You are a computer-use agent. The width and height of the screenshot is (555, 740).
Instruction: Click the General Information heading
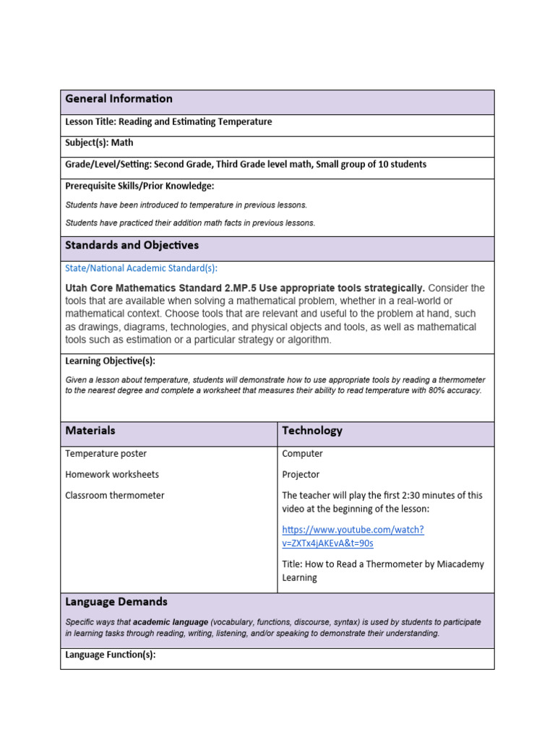pos(119,99)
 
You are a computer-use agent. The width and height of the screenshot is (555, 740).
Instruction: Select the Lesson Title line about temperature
pos(168,122)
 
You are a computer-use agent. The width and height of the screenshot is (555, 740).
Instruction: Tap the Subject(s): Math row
pos(99,143)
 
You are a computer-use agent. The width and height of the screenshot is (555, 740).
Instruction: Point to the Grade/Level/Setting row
pos(246,165)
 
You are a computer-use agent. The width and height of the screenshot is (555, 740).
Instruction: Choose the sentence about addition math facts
pos(190,223)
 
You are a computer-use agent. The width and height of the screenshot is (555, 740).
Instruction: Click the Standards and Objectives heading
pos(132,246)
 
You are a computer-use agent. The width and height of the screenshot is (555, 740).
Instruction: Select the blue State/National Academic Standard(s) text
pos(141,268)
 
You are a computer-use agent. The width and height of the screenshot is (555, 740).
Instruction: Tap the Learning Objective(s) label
pos(110,361)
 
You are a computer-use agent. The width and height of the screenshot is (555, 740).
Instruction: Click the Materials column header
pos(90,431)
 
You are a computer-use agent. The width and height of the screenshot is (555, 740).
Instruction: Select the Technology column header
pos(312,431)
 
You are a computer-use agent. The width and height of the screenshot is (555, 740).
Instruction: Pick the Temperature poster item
pos(106,454)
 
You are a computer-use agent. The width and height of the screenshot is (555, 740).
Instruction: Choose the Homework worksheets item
pos(112,475)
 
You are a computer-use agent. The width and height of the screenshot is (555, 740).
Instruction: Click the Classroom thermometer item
pos(114,496)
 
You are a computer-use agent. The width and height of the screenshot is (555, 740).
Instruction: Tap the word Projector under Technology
pos(301,475)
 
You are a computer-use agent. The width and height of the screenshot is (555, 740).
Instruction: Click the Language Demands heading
pos(116,602)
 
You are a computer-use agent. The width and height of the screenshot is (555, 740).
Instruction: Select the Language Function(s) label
pos(110,655)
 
